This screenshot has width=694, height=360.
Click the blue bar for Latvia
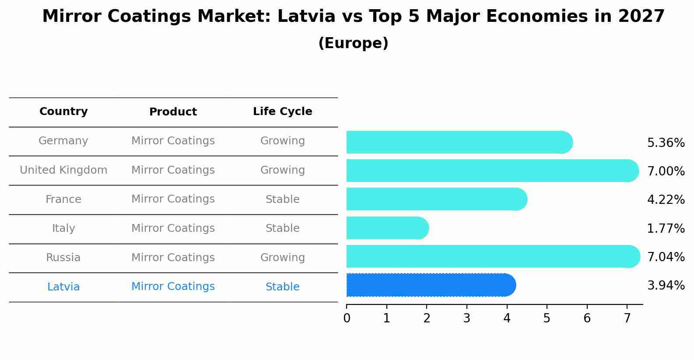coord(431,285)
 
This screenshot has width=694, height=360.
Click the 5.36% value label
coord(666,143)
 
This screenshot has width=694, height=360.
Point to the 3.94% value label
coord(666,286)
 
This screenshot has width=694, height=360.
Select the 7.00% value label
coord(666,171)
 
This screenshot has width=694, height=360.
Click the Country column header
coord(63,112)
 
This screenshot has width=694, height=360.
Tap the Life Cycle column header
coord(282,112)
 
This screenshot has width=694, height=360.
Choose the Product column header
coord(173,112)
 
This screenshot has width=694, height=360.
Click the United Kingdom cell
coord(63,170)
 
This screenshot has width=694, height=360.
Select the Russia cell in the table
coord(63,258)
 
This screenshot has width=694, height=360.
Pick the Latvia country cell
coord(63,287)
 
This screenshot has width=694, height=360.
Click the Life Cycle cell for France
coord(282,199)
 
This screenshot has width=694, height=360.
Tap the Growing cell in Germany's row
coord(282,141)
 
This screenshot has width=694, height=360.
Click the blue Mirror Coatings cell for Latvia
coord(173,287)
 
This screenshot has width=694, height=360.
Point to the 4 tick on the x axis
coord(507,318)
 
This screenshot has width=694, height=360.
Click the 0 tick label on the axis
coord(347,318)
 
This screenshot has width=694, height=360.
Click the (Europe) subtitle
coord(353,43)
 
